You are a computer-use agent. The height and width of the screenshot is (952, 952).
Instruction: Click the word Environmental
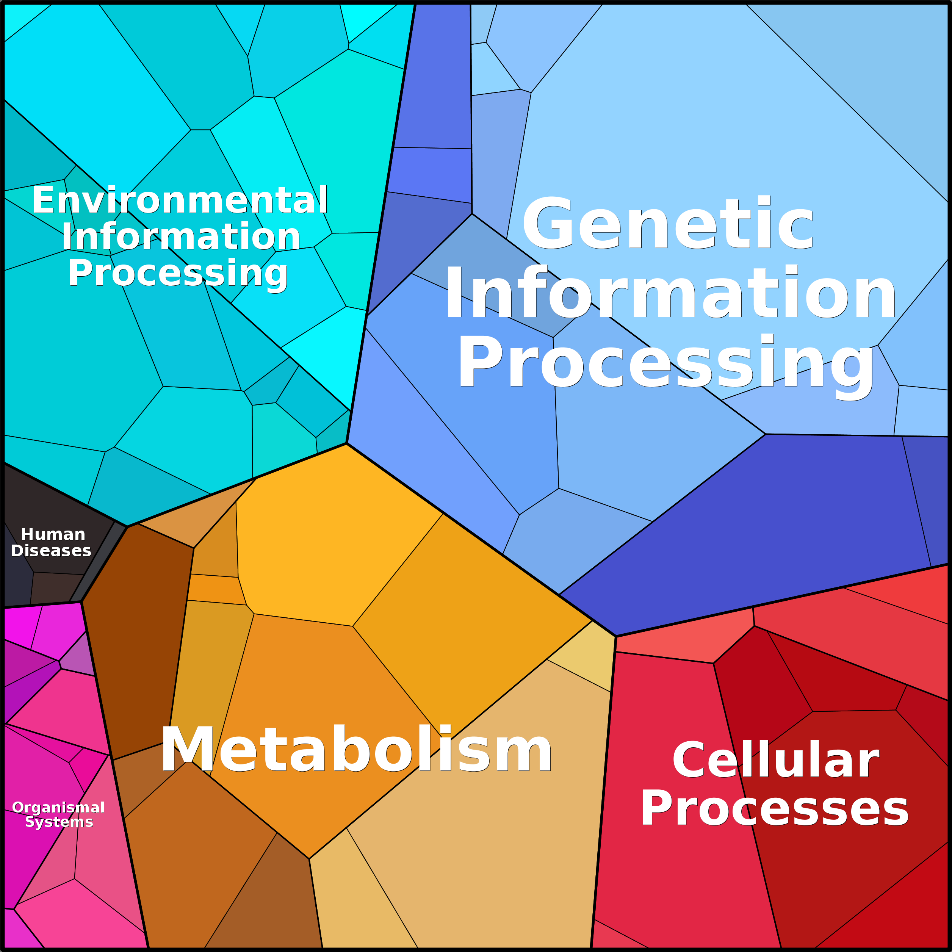pos(180,200)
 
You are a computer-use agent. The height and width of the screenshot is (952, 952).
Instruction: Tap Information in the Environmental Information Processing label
pos(181,237)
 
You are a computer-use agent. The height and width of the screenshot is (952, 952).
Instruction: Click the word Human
pos(53,535)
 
